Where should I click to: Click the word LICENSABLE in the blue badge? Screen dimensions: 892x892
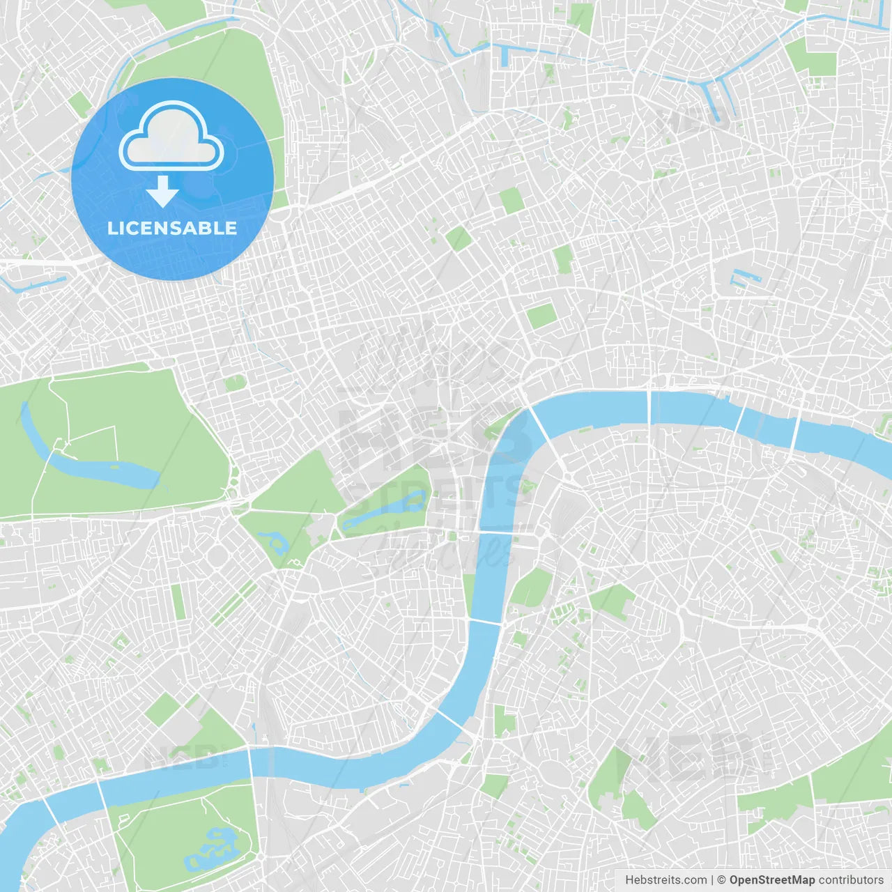[172, 229]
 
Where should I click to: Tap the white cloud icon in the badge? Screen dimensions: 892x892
[171, 137]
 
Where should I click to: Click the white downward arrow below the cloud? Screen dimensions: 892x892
[162, 192]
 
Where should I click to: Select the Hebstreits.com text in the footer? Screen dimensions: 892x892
[666, 880]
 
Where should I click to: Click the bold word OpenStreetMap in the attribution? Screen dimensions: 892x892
[771, 880]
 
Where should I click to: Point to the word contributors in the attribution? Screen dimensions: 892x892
[851, 880]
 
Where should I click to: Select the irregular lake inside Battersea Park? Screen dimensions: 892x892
[213, 846]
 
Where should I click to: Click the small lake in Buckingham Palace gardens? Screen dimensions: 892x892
[272, 541]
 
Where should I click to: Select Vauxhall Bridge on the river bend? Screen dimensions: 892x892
[450, 721]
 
